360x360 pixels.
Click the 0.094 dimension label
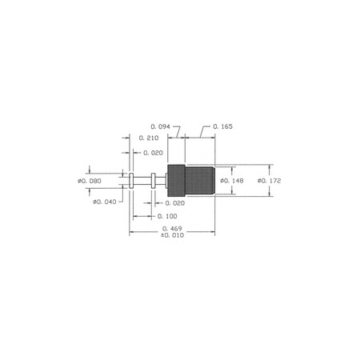click(x=160, y=126)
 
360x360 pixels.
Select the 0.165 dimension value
click(x=222, y=126)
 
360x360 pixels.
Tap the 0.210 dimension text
click(x=149, y=138)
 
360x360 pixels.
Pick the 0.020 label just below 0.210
click(x=153, y=153)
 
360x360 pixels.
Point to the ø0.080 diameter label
click(x=90, y=181)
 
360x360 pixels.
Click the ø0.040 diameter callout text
click(x=105, y=202)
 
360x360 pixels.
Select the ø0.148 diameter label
click(x=232, y=181)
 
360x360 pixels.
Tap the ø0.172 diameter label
click(x=270, y=181)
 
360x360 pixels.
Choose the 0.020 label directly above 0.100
click(x=175, y=203)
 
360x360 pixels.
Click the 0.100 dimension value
click(x=167, y=216)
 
